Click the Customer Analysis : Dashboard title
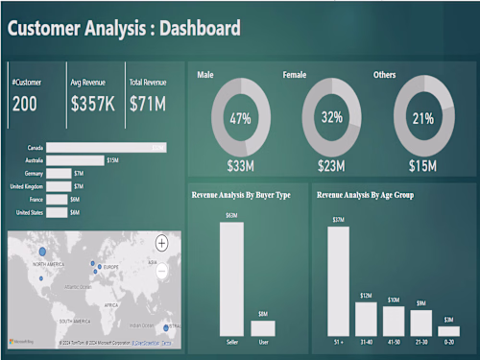click(x=124, y=28)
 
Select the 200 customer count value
click(x=25, y=104)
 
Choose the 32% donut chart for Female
click(x=332, y=118)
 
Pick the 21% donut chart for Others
click(x=423, y=118)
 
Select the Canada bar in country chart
click(x=106, y=147)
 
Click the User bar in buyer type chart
click(x=263, y=327)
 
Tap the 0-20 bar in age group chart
click(x=448, y=330)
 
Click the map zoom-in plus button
click(x=161, y=243)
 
